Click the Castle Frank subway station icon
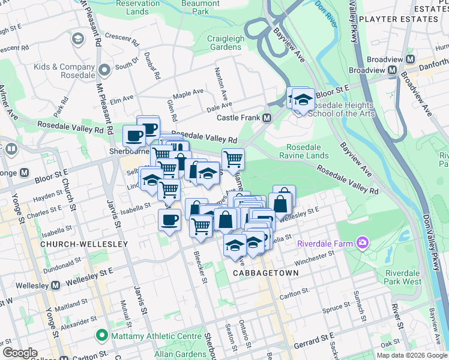tap(266, 118)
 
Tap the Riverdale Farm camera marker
tap(363, 243)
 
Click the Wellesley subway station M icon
tap(55, 285)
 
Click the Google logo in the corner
tap(20, 353)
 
